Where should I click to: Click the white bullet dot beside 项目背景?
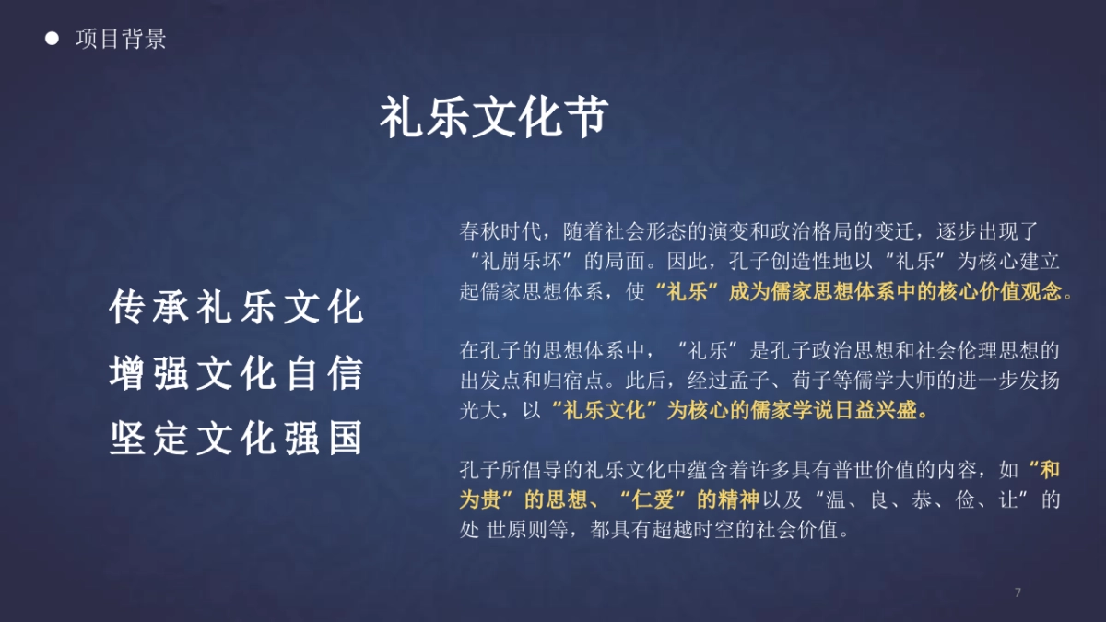[53, 39]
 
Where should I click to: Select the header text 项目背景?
[121, 40]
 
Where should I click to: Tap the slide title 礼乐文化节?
[495, 118]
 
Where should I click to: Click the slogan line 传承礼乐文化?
[237, 308]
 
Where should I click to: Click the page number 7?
[1018, 593]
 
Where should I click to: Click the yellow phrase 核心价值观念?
[1002, 292]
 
